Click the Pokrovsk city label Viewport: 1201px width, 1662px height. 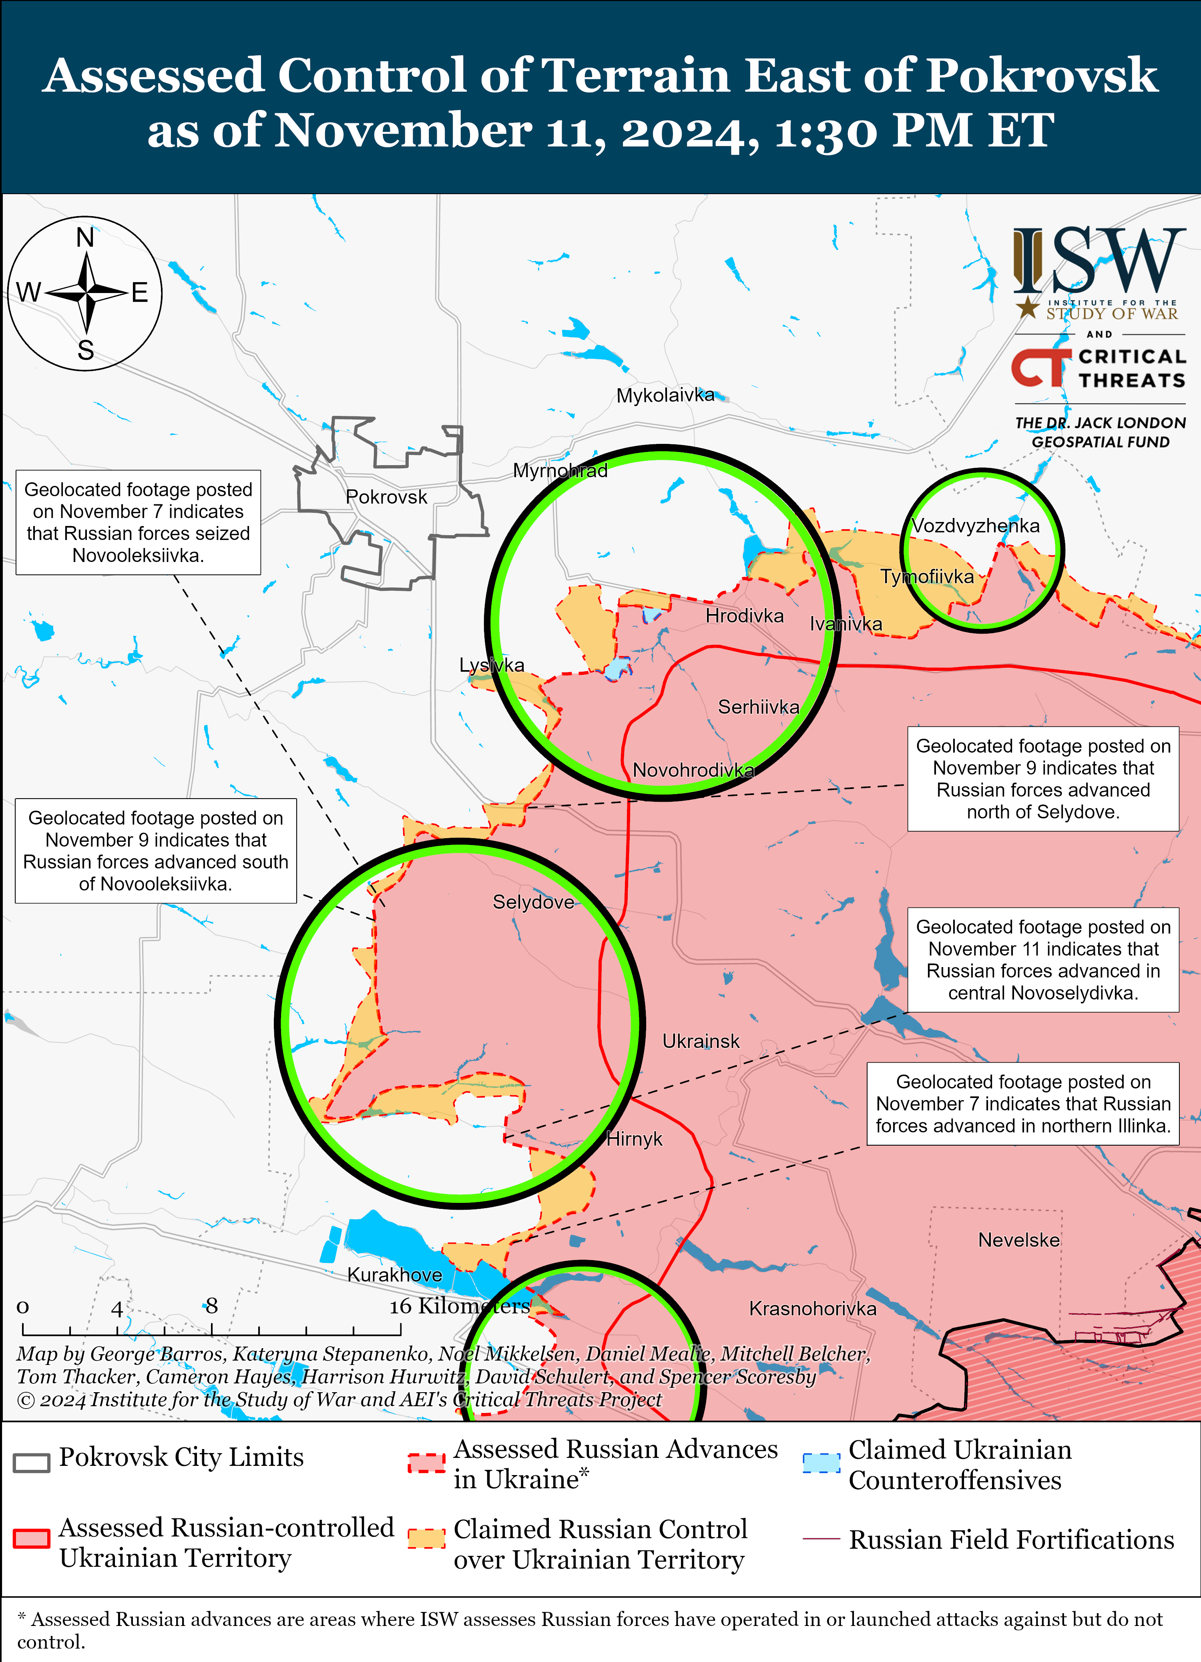386,497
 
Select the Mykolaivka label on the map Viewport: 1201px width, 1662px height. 665,396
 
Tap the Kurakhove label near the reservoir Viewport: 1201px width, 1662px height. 394,1275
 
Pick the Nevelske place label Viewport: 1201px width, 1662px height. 1018,1240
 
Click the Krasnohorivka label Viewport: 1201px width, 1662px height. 812,1309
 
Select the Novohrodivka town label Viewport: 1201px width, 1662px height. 693,770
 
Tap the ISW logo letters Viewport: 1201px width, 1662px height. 1099,260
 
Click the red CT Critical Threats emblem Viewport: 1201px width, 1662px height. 1039,368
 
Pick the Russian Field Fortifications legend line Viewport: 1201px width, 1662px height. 821,1539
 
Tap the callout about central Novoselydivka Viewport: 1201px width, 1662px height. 1043,960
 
